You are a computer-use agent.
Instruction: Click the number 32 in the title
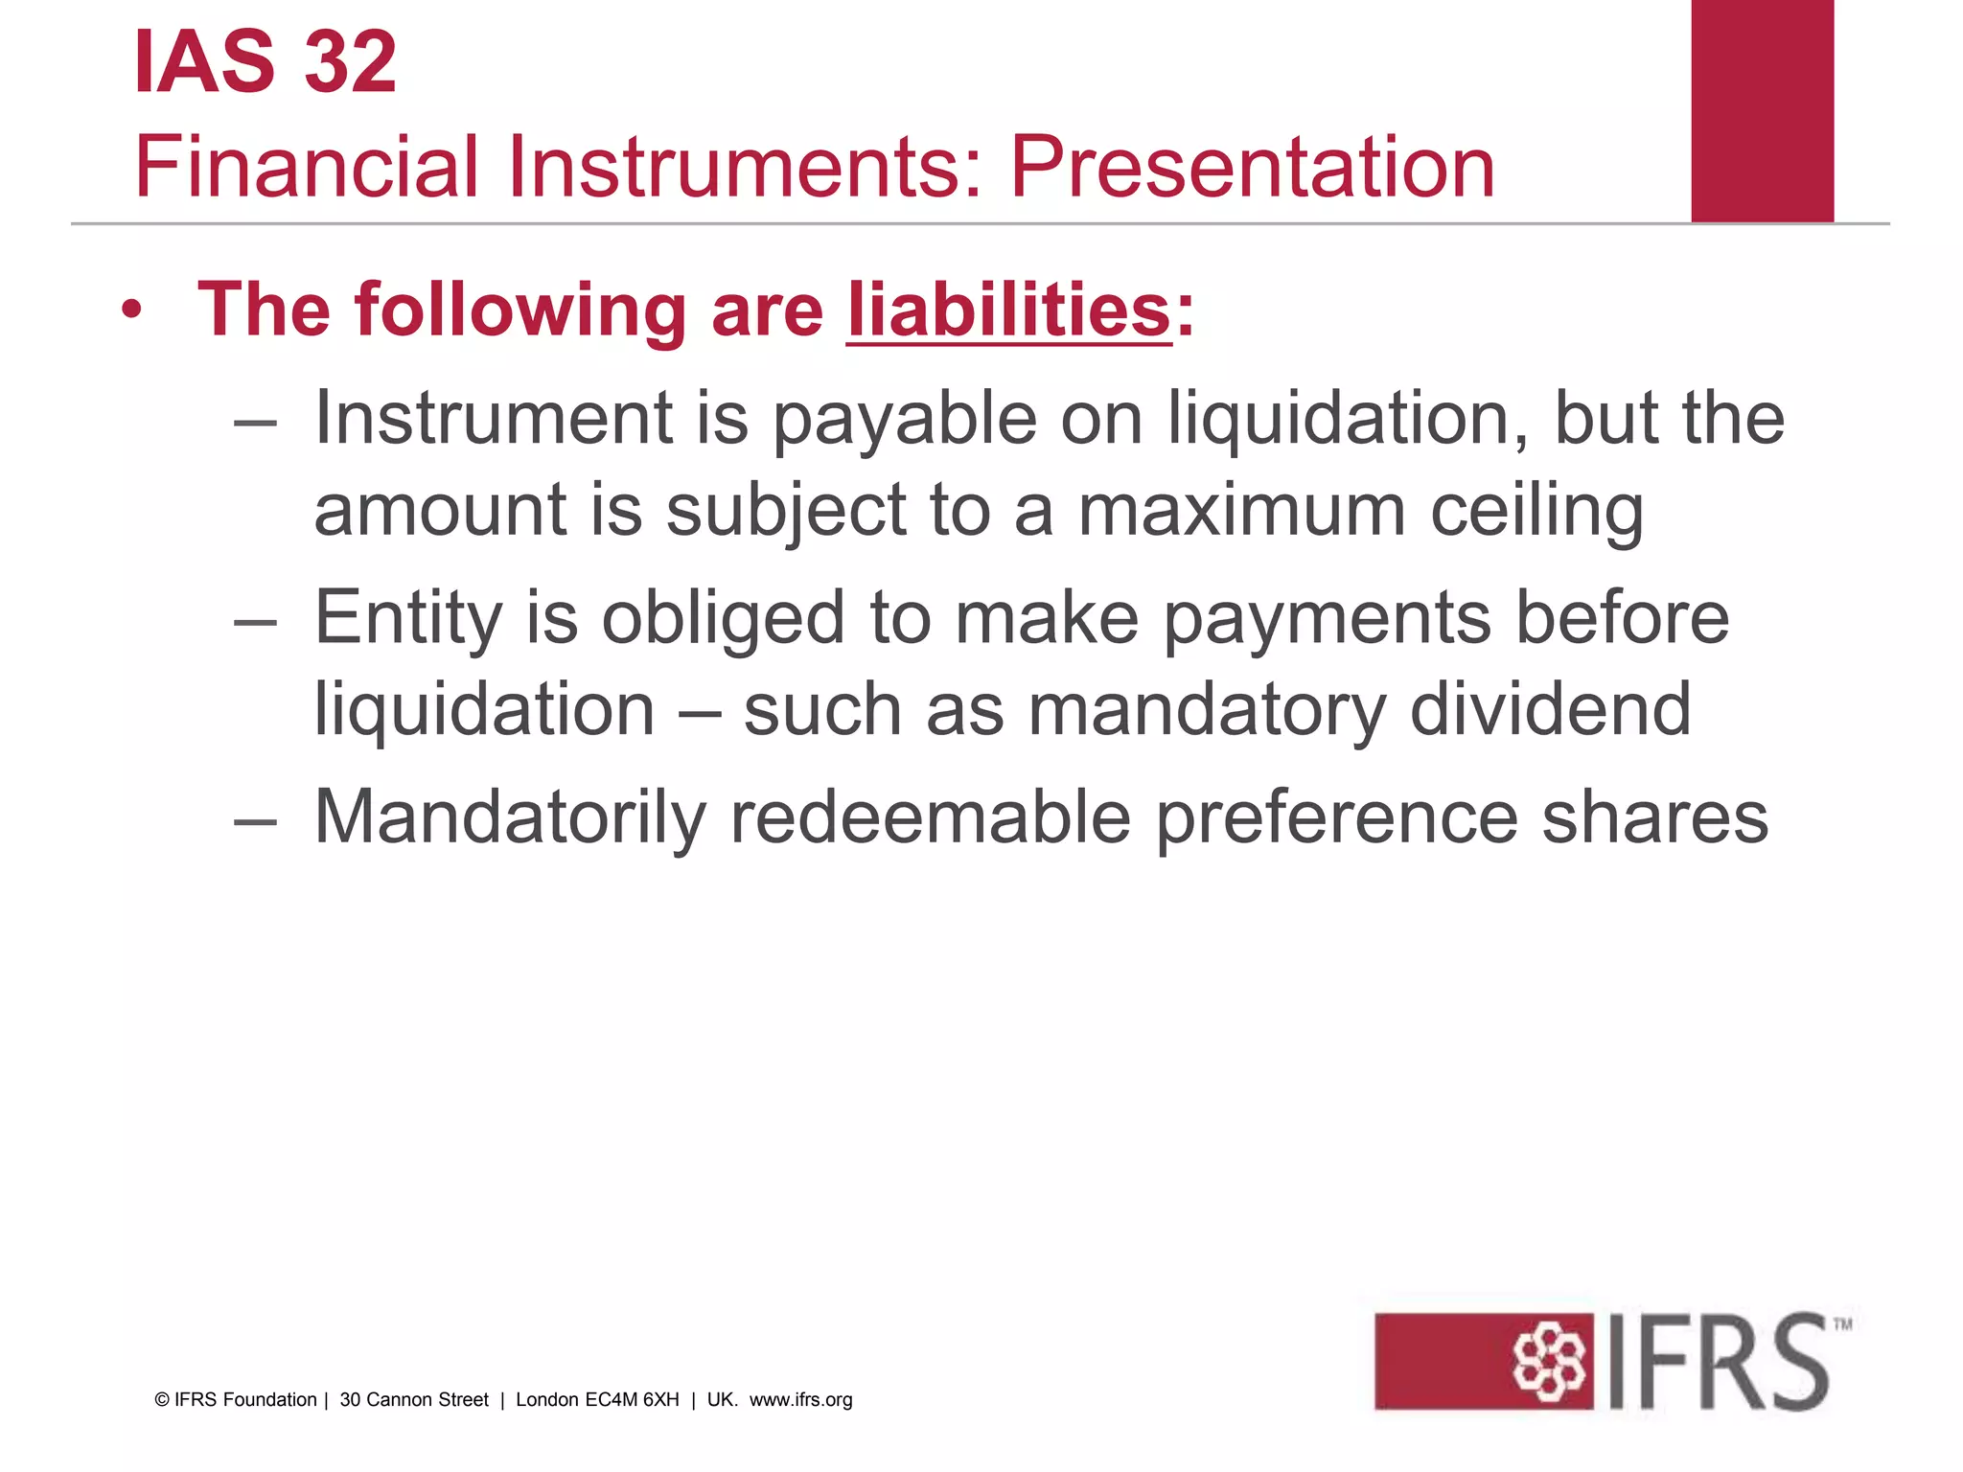[x=350, y=63]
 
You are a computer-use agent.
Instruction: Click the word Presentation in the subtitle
[x=1252, y=168]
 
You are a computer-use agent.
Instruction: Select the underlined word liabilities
[x=1008, y=310]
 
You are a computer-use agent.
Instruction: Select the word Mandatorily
[x=510, y=817]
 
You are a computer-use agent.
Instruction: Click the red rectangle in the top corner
[x=1762, y=110]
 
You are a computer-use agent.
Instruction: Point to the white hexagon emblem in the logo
[x=1548, y=1362]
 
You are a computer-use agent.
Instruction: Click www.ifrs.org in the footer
[x=800, y=1400]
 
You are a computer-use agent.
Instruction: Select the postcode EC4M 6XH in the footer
[x=632, y=1400]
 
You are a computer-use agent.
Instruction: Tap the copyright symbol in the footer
[x=162, y=1400]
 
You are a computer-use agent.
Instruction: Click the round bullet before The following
[x=132, y=310]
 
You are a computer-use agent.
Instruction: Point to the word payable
[x=905, y=420]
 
